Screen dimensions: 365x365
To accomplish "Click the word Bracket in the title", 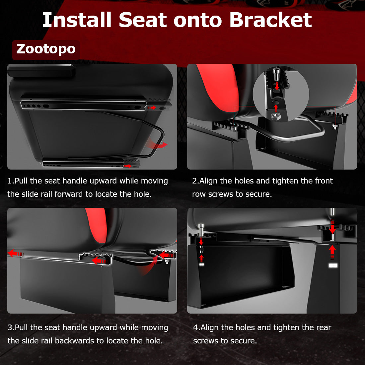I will tap(270, 20).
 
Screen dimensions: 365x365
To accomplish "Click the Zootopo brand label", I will tap(46, 49).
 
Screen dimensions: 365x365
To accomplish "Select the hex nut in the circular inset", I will tap(275, 115).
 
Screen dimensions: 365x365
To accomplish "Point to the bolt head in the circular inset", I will tap(276, 73).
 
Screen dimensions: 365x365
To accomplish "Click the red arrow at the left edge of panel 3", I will tap(14, 253).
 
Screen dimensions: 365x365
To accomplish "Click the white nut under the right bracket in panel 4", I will tap(332, 265).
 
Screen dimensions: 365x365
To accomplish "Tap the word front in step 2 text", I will tap(324, 181).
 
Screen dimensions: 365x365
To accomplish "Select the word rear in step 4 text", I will tap(324, 328).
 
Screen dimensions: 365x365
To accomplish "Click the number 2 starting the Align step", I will tap(194, 181).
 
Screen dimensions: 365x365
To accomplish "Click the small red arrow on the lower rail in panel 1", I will tap(128, 166).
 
